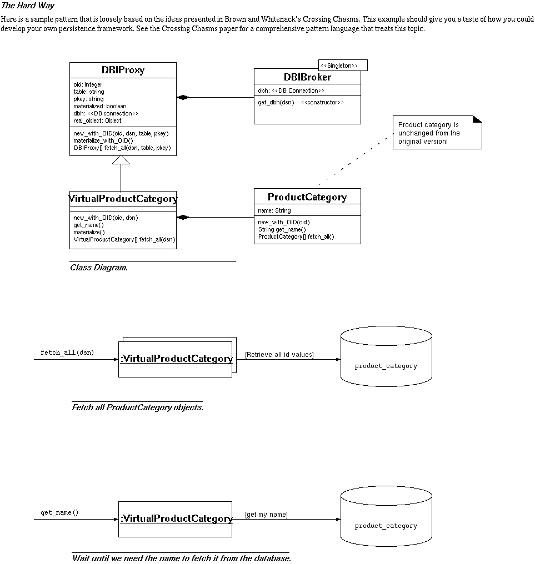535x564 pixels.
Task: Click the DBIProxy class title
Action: coord(123,70)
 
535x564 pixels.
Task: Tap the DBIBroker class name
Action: coord(307,77)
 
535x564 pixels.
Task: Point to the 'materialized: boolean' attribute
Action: coord(100,106)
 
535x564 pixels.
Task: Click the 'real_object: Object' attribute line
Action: coord(97,120)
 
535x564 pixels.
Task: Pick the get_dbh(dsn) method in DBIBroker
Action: coord(276,103)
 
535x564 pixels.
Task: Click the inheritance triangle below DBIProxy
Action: coord(121,160)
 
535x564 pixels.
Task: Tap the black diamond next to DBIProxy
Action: coord(183,98)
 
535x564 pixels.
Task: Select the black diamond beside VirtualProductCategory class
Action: coord(183,217)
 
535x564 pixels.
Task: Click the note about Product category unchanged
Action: coord(437,133)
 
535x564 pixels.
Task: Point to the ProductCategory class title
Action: coord(307,197)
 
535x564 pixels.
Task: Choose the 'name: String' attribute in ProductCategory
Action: coord(274,210)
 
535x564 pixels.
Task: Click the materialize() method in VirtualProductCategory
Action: coord(89,233)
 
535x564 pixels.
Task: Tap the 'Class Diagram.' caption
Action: coord(99,268)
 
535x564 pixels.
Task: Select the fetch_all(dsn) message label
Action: coord(67,352)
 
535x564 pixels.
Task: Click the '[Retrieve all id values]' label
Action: coord(279,355)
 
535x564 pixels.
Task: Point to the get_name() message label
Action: coord(59,512)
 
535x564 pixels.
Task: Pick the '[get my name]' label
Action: coord(267,515)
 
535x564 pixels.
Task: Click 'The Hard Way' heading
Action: coord(28,6)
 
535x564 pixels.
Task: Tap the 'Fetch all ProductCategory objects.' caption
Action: coord(138,407)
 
